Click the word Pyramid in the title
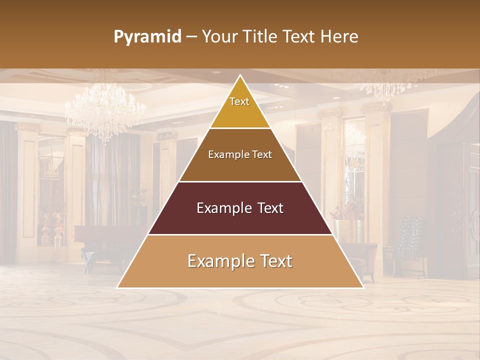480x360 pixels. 147,37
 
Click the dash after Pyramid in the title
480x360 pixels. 191,37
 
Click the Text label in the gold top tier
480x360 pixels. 239,101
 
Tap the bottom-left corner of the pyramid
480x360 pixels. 117,287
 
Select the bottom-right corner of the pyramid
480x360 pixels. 363,287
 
